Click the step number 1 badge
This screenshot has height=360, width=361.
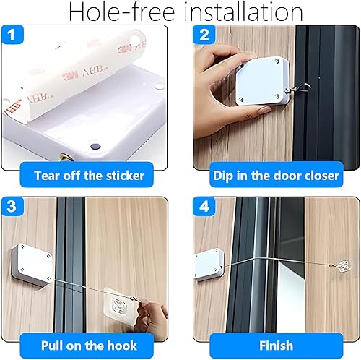click(x=12, y=35)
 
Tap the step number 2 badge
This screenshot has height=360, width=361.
click(x=204, y=35)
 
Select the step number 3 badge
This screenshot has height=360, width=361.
click(x=12, y=207)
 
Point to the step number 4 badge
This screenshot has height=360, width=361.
click(x=204, y=207)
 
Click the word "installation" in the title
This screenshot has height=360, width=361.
click(x=243, y=12)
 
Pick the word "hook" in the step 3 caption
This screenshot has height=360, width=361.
click(x=122, y=346)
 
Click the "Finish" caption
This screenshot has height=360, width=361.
click(x=277, y=346)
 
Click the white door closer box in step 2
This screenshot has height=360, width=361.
click(x=262, y=81)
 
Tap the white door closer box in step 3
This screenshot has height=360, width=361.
click(x=32, y=265)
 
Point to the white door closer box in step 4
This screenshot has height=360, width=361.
click(x=209, y=265)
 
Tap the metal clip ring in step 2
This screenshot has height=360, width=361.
click(x=305, y=87)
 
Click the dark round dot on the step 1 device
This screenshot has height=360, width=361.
click(x=95, y=146)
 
